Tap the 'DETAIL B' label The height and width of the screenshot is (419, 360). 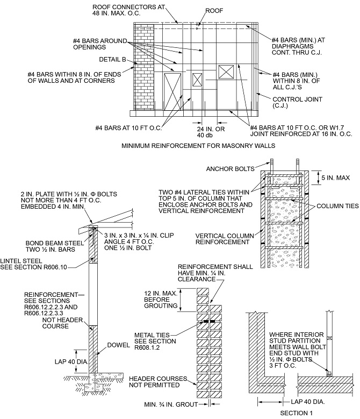click(x=113, y=59)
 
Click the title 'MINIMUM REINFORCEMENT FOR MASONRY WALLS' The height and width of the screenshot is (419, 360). click(x=199, y=145)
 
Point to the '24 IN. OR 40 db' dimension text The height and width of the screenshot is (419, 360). click(x=205, y=131)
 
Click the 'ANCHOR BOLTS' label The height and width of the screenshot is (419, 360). click(x=229, y=169)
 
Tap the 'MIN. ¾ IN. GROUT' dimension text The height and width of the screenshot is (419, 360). click(x=170, y=404)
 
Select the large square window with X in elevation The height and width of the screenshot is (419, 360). click(x=226, y=73)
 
